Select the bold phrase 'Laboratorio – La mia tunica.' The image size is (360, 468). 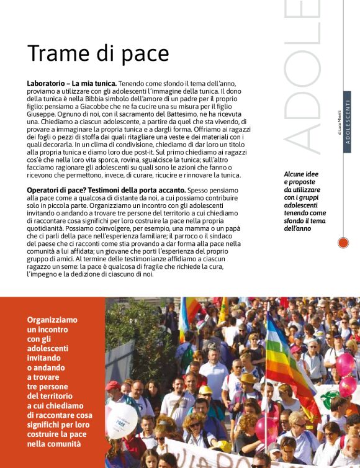pyautogui.click(x=71, y=83)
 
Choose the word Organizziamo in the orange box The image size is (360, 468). pyautogui.click(x=52, y=320)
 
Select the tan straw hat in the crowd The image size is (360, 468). pyautogui.click(x=248, y=378)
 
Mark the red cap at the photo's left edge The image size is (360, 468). pyautogui.click(x=113, y=386)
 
